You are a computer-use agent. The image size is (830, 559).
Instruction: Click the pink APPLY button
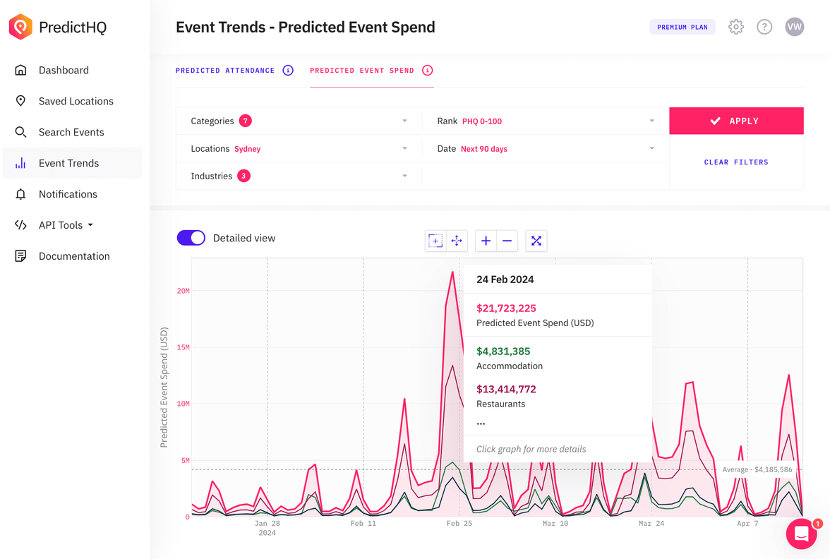pos(735,121)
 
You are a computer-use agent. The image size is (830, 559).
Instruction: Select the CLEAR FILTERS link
pos(735,162)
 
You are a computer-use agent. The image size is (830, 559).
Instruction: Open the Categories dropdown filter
pos(299,121)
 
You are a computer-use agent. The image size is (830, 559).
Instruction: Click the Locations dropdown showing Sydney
pos(299,149)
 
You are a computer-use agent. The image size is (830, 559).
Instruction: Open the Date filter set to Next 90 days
pos(545,149)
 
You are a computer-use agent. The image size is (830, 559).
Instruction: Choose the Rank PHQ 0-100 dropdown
pos(545,121)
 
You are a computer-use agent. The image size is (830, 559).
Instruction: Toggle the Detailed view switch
pos(191,238)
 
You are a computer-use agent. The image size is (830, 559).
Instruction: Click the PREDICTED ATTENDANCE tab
pos(225,71)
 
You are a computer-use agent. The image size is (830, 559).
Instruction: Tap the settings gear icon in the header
pos(735,27)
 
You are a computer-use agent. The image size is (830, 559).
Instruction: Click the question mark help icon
pos(764,27)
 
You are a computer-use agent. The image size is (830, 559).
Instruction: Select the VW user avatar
pos(794,27)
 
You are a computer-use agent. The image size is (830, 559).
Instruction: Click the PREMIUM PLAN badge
pos(682,27)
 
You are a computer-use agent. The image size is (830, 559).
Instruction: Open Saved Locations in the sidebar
pos(76,101)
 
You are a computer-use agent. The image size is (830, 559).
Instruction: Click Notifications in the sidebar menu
pos(68,194)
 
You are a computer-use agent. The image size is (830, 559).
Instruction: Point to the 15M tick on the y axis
pos(183,347)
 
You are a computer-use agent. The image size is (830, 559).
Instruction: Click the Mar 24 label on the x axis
pos(651,524)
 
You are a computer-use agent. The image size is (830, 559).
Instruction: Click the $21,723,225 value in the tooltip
pos(506,308)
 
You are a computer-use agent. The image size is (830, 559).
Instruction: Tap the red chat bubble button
pos(801,534)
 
